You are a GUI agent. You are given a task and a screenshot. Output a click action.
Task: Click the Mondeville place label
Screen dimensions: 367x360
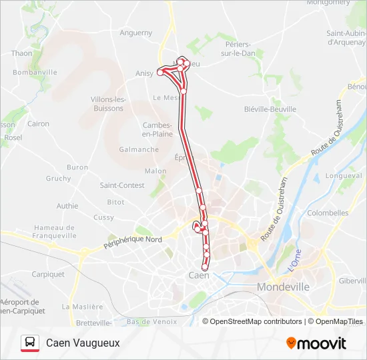[x=284, y=287]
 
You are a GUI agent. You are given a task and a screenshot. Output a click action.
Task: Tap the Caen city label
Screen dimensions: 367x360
[x=199, y=275]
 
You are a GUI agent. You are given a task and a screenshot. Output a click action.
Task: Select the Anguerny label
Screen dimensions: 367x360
[x=135, y=33]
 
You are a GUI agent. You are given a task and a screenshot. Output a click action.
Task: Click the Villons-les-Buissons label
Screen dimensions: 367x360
[x=108, y=103]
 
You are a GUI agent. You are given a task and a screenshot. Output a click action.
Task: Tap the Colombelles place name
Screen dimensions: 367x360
[x=328, y=213]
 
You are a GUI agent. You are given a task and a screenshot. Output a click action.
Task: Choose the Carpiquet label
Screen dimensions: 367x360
[x=48, y=274]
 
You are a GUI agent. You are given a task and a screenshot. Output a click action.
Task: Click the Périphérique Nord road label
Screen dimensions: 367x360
[x=133, y=243]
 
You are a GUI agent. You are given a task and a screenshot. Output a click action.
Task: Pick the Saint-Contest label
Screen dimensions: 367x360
[x=121, y=185]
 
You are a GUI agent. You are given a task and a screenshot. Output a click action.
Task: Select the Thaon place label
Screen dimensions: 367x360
[x=21, y=53]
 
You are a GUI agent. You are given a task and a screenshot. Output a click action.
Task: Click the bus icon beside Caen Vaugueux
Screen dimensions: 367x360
[x=29, y=343]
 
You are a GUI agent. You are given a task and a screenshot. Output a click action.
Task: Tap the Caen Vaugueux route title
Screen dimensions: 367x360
[x=83, y=343]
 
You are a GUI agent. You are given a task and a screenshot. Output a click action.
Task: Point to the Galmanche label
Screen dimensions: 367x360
[x=139, y=149]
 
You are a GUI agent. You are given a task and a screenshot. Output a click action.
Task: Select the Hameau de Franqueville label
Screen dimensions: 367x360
[x=55, y=231]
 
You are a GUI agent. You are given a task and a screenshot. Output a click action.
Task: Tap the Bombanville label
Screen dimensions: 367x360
[x=35, y=72]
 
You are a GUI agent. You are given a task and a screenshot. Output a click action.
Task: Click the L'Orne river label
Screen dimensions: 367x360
[x=296, y=260]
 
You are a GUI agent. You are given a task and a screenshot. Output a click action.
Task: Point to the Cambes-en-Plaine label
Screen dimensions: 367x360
[x=157, y=129]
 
